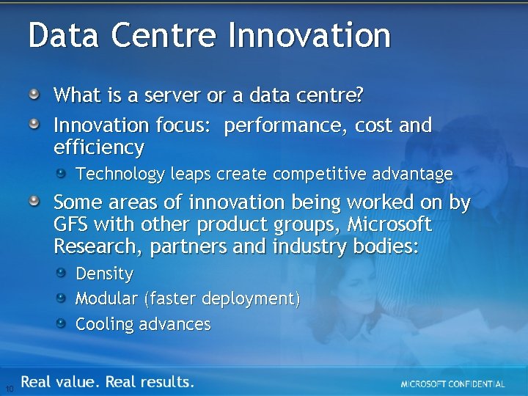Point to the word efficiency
click(99, 148)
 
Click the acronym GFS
click(71, 224)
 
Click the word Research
click(98, 247)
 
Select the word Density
click(105, 274)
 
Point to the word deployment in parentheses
click(250, 299)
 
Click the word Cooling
click(105, 324)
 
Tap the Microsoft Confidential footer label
click(452, 384)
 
